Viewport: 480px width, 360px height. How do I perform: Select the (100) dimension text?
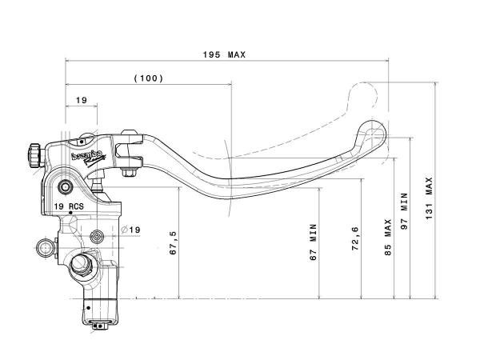pyautogui.click(x=149, y=78)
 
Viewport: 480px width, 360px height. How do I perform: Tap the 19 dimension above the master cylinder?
pyautogui.click(x=82, y=99)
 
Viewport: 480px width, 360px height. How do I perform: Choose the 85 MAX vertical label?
pyautogui.click(x=387, y=236)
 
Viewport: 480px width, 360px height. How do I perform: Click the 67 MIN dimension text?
pyautogui.click(x=314, y=242)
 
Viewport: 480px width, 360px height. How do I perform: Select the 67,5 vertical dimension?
pyautogui.click(x=174, y=242)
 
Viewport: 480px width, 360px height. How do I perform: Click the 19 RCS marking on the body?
pyautogui.click(x=69, y=206)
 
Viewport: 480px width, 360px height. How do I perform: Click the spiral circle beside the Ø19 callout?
pyautogui.click(x=98, y=235)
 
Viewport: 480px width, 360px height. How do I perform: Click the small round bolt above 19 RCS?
pyautogui.click(x=66, y=187)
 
